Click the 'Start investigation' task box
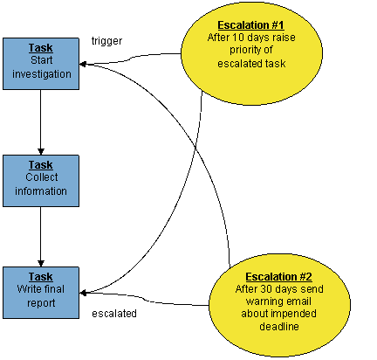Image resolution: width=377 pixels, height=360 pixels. (41, 64)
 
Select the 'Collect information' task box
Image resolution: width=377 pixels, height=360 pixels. (41, 181)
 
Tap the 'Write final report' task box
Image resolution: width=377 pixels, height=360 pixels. (41, 293)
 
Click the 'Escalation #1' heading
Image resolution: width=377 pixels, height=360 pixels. (250, 25)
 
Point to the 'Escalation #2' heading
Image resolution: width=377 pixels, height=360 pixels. (278, 277)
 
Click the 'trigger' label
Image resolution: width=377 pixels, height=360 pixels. (106, 41)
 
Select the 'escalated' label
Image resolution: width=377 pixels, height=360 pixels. (114, 314)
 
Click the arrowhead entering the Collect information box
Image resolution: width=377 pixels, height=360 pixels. (41, 152)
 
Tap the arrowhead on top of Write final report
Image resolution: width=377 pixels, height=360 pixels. (41, 263)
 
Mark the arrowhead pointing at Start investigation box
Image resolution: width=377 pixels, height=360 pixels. (83, 64)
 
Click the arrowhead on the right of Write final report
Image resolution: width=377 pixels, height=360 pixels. (83, 293)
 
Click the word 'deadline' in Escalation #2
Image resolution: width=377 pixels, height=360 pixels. (279, 327)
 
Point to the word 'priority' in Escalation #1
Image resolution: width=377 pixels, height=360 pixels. (244, 50)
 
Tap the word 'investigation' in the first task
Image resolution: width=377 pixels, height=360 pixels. (42, 74)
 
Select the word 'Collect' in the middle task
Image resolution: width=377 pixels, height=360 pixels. (42, 177)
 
